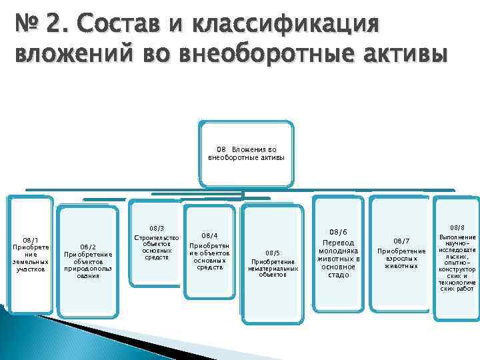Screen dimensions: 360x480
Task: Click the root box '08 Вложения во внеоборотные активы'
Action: pos(246,154)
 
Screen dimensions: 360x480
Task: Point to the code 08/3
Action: pos(157,228)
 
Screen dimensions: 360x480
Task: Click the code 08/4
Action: pos(209,235)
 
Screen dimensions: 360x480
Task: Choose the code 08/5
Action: pos(273,253)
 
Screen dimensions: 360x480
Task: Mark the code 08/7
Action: pos(401,241)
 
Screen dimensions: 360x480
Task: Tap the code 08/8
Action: pos(457,227)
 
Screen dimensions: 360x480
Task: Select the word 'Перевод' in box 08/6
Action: pos(339,243)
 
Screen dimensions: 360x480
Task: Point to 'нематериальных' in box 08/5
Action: pos(273,268)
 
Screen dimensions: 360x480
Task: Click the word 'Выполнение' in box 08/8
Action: pos(457,237)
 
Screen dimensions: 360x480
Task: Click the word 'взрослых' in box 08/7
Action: pos(401,259)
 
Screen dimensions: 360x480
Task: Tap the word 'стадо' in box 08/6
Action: pos(339,275)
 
